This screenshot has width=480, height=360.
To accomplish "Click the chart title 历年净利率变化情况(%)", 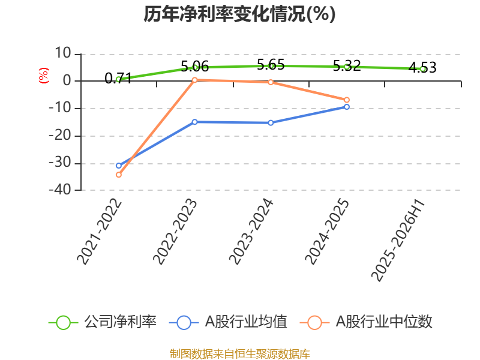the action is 239,14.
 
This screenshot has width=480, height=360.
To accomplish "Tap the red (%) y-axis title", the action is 44,76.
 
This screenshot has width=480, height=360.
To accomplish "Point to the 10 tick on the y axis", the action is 63,53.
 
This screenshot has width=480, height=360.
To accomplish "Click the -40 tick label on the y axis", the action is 60,190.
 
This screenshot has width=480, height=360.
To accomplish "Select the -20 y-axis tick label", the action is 60,136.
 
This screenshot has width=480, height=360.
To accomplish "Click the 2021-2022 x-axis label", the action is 100,232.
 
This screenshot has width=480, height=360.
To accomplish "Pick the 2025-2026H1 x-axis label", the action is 398,240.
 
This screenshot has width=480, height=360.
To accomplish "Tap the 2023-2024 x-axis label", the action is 251,232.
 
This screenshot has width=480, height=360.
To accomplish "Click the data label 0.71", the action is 118,79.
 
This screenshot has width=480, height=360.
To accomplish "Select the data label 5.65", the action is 271,65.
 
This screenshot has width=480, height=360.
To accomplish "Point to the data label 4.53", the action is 422,68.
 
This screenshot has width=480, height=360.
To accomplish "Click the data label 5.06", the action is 194,67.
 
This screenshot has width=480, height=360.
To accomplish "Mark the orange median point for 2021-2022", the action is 119,175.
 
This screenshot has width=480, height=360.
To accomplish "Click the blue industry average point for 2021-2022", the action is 119,166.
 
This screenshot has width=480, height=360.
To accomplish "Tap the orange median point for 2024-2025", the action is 347,100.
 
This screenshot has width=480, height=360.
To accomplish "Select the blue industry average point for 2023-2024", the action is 271,123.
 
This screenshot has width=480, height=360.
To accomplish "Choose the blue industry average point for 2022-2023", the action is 194,122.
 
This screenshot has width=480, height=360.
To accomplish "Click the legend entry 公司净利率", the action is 103,322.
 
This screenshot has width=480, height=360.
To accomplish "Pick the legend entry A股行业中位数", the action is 366,322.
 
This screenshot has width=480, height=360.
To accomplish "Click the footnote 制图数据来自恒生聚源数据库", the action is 240,354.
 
